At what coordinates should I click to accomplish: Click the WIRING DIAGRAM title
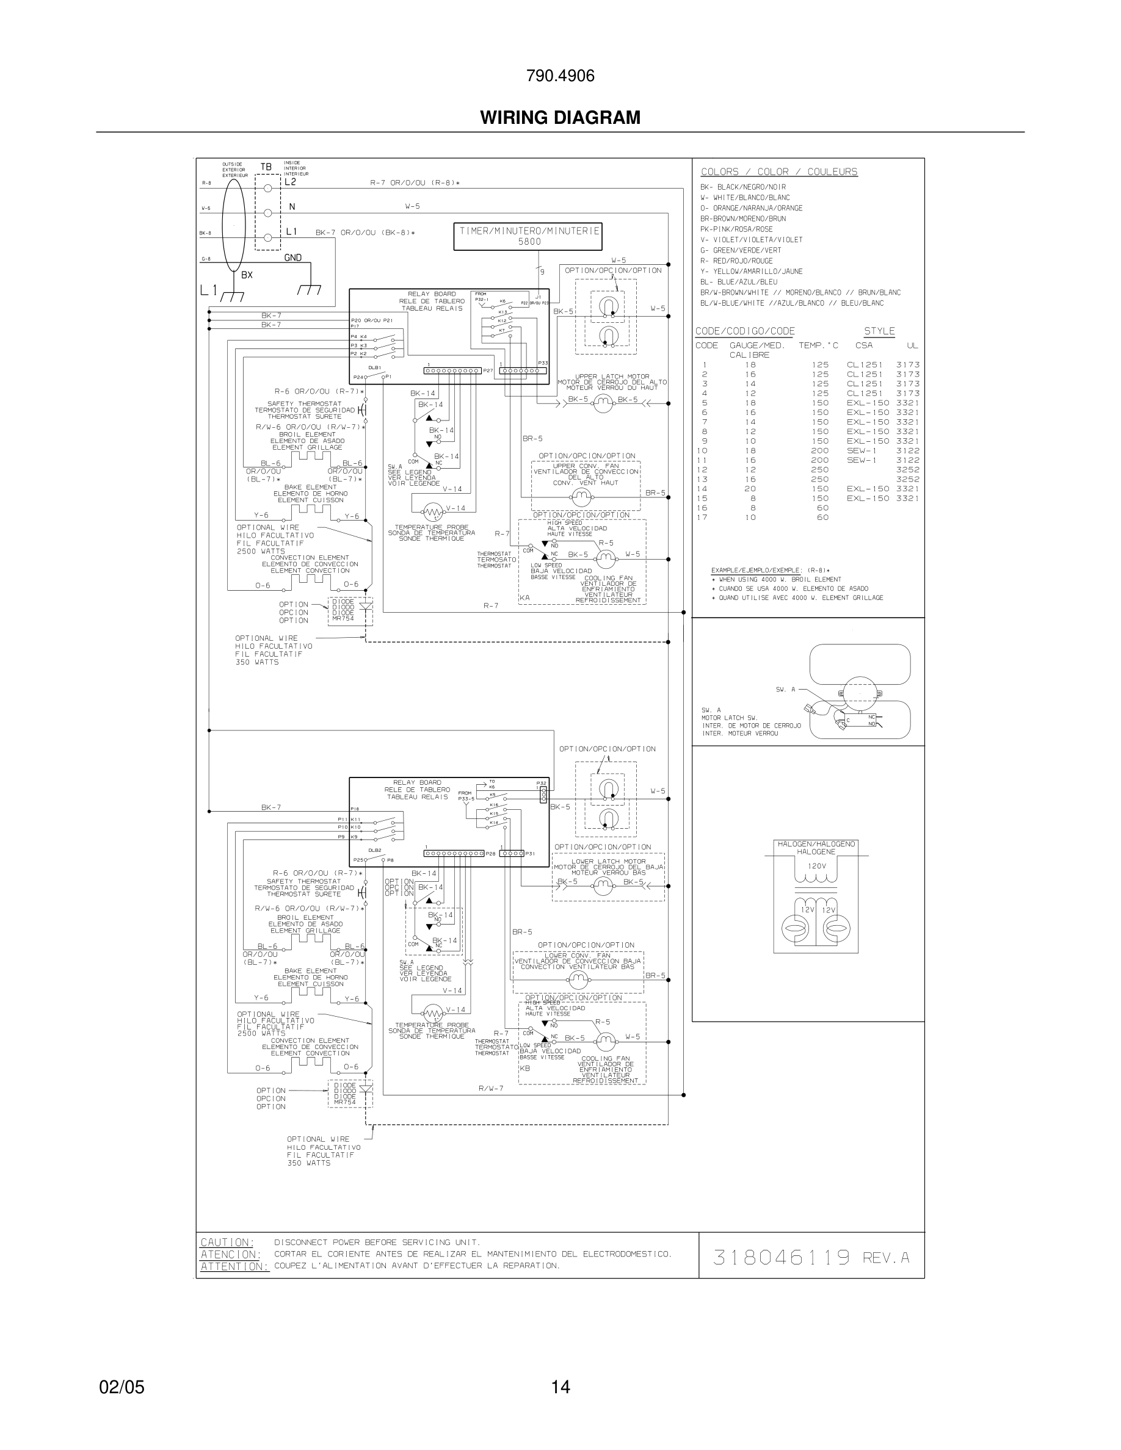coord(560,118)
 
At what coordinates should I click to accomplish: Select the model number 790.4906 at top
coord(560,76)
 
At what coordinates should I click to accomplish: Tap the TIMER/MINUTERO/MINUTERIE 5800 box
coord(528,236)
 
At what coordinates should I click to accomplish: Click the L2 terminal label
coord(290,182)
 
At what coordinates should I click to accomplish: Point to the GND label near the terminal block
coord(293,258)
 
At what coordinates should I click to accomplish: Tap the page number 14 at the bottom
coord(560,1387)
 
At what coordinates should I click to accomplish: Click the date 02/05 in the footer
coord(122,1387)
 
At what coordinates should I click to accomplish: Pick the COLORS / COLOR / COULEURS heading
coord(779,172)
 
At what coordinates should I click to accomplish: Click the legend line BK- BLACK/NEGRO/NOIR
coord(742,187)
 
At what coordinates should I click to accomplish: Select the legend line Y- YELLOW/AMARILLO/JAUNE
coord(751,272)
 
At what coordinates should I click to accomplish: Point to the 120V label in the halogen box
coord(816,867)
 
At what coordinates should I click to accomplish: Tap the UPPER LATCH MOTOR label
coord(612,377)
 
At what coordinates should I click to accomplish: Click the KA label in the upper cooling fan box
coord(524,598)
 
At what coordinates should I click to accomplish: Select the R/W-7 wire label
coord(491,1088)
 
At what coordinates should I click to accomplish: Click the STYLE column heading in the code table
coord(879,331)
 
